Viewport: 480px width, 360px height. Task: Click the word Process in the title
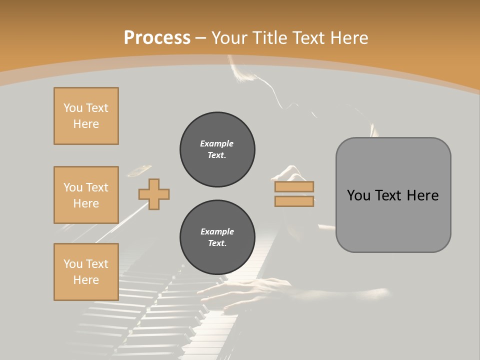(157, 38)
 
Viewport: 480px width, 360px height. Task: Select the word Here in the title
(349, 38)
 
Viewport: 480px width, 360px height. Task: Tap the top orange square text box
(86, 116)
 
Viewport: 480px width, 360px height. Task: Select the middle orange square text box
(86, 195)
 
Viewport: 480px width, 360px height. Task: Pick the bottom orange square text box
(86, 272)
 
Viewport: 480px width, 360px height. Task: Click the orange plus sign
(154, 194)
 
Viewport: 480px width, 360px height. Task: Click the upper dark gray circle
(217, 149)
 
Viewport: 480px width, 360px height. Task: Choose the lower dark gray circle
(217, 237)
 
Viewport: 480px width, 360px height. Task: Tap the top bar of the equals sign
(294, 186)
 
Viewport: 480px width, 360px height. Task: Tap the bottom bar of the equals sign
(294, 201)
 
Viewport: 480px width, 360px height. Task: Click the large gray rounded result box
(393, 195)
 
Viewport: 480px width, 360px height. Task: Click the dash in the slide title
(201, 38)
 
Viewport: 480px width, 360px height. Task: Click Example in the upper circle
(217, 143)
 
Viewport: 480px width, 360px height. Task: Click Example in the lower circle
(217, 231)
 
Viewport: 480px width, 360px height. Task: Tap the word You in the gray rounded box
(358, 195)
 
